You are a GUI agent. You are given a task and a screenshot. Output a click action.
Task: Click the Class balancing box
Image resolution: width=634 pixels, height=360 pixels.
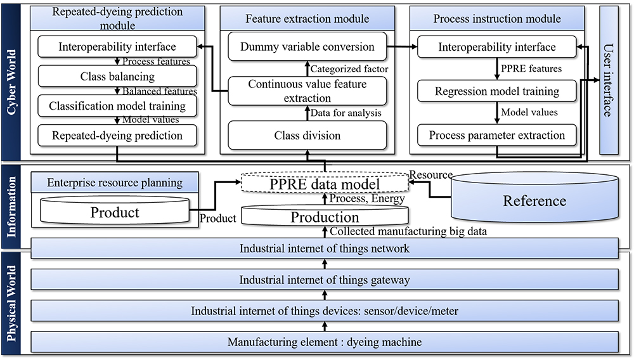(117, 77)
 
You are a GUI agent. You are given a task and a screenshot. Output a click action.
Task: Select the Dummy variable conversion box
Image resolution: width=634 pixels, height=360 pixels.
(307, 47)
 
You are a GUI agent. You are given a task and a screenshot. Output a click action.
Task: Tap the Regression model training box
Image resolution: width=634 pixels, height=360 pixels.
(496, 91)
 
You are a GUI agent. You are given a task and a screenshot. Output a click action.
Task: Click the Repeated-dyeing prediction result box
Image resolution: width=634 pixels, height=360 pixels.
(117, 135)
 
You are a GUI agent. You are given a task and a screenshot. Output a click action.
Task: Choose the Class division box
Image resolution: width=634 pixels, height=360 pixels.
(307, 135)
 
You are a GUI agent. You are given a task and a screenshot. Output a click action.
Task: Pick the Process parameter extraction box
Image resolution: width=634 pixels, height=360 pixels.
(496, 135)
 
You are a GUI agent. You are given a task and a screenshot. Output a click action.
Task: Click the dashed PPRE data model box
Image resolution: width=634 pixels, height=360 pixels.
(325, 184)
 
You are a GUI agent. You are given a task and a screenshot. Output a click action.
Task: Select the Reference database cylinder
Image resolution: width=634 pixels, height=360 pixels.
(534, 200)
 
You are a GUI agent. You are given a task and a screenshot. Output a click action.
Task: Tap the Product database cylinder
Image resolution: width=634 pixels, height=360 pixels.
(114, 211)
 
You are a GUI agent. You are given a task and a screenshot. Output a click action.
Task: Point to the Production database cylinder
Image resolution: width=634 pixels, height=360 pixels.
(325, 216)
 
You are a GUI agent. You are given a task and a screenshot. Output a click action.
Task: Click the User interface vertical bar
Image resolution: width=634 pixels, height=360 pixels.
(607, 80)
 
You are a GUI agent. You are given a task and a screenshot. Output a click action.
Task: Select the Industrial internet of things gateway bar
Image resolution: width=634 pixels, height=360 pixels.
(325, 280)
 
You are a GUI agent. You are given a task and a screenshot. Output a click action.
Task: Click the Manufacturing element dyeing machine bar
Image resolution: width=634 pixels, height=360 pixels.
(325, 342)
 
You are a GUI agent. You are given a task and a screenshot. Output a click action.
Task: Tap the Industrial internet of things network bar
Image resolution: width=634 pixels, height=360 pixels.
(325, 248)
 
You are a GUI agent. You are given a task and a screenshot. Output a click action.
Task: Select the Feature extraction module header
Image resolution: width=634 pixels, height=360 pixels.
(307, 18)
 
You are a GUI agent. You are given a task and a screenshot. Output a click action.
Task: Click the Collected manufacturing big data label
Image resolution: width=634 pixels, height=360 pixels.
(408, 232)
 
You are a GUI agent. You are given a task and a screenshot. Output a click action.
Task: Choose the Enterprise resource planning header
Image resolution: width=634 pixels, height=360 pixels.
(115, 183)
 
